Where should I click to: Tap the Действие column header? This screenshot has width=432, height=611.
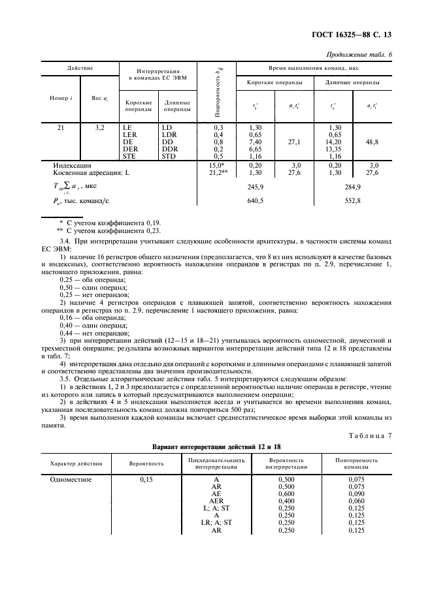pos(80,68)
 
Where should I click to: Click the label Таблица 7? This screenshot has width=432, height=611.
pos(369,435)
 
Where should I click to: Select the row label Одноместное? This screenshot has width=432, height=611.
pos(71,478)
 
